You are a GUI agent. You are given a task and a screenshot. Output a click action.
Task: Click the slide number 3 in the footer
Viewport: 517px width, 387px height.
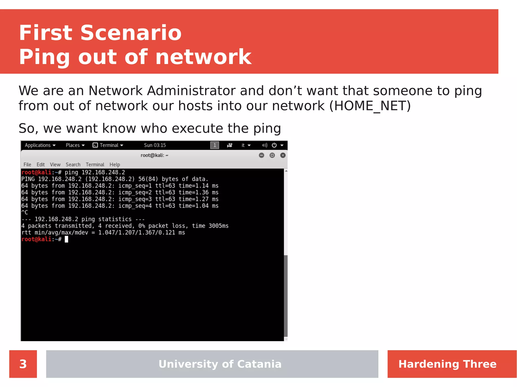tap(23, 364)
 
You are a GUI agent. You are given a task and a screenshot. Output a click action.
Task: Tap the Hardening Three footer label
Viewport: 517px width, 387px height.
tap(447, 364)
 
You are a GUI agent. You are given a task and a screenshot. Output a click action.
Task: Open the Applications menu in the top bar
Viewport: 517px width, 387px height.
tap(40, 145)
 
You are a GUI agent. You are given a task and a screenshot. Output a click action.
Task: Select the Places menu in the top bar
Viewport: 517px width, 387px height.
tap(75, 145)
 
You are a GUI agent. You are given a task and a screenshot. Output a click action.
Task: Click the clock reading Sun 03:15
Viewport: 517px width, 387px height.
tap(155, 145)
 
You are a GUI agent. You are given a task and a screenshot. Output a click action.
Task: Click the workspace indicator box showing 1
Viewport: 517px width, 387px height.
tap(215, 145)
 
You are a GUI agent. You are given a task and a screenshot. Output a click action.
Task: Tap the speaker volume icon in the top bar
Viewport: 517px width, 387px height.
tap(265, 145)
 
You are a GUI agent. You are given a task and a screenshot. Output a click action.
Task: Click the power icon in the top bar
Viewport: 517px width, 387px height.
tap(274, 145)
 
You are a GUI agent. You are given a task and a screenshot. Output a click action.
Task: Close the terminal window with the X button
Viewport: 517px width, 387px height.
tap(283, 155)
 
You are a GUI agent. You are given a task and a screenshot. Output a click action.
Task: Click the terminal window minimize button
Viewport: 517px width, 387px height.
tap(262, 155)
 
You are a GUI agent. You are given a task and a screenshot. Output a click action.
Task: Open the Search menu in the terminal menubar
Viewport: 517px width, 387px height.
tap(73, 165)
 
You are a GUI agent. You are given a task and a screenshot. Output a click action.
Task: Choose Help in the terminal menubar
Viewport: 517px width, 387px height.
tap(115, 165)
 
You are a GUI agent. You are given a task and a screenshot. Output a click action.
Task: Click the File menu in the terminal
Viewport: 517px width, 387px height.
tap(27, 165)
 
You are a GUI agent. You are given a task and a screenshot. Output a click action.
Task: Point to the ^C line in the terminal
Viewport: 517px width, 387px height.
tap(25, 213)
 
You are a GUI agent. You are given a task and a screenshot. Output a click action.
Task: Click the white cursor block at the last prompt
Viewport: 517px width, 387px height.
tap(66, 239)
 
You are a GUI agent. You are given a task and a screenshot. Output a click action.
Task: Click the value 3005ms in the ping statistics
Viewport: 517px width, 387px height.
tap(218, 226)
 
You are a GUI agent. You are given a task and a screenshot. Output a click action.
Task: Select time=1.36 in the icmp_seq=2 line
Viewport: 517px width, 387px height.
tap(194, 192)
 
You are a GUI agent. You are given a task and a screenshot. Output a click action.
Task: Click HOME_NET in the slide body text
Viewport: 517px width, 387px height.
tap(370, 106)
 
